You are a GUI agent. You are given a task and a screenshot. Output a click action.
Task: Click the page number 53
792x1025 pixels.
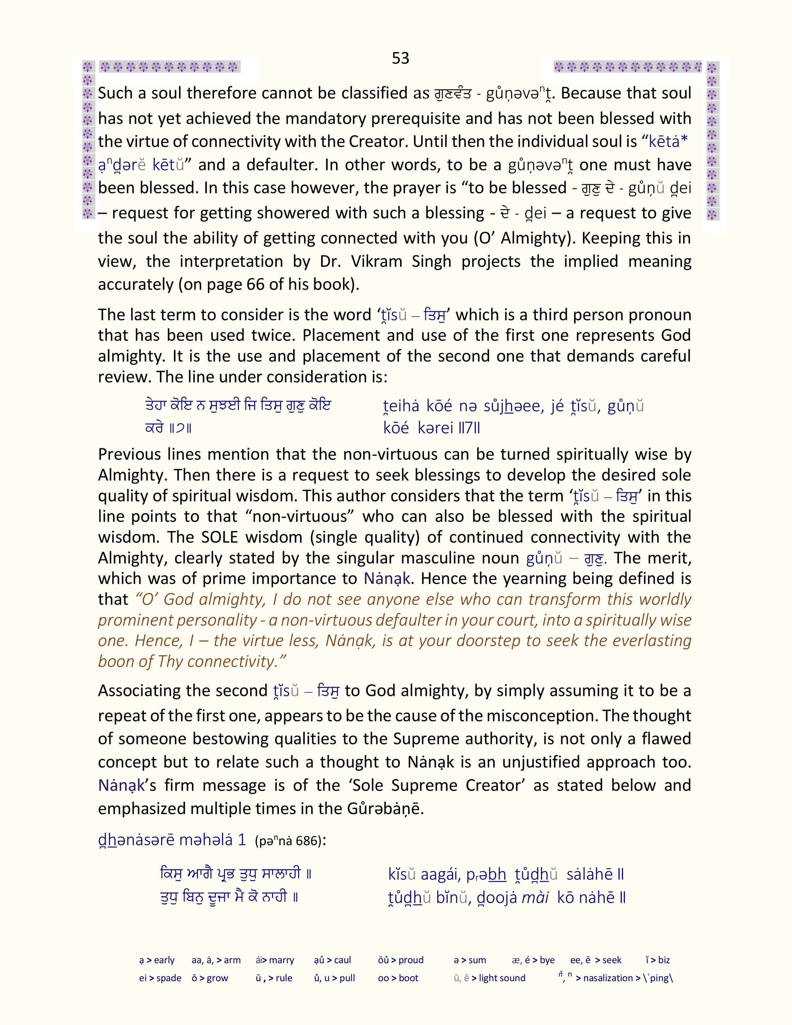tap(400, 58)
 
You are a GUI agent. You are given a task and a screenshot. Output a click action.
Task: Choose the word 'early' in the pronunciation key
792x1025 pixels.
tap(164, 960)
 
